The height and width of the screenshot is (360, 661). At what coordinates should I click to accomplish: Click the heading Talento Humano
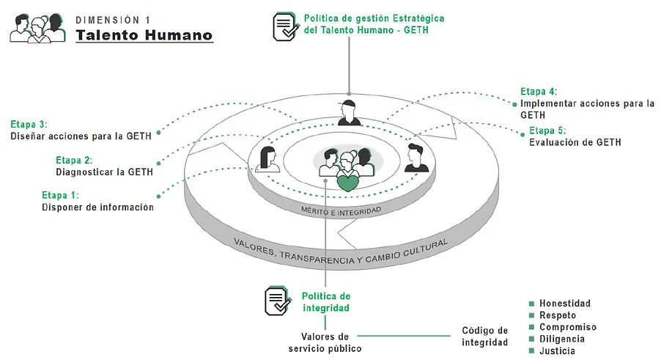(x=144, y=34)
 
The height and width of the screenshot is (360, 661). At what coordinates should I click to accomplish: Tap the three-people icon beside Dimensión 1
(x=37, y=28)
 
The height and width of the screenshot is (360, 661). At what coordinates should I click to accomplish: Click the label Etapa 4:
(x=539, y=91)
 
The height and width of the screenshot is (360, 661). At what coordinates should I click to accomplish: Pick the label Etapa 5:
(x=547, y=131)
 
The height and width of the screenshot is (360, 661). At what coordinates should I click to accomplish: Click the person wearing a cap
(x=350, y=111)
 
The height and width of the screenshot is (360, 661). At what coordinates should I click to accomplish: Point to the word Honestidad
(x=565, y=304)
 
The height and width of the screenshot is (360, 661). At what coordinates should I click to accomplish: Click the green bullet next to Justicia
(x=531, y=351)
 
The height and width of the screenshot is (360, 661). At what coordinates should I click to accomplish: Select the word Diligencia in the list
(x=562, y=339)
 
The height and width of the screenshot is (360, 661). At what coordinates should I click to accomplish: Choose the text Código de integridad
(x=484, y=337)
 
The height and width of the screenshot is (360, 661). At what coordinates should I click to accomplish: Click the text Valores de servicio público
(x=325, y=342)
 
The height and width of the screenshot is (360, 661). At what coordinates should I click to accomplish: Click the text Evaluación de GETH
(x=575, y=142)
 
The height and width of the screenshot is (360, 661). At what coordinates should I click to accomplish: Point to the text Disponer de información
(x=97, y=207)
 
